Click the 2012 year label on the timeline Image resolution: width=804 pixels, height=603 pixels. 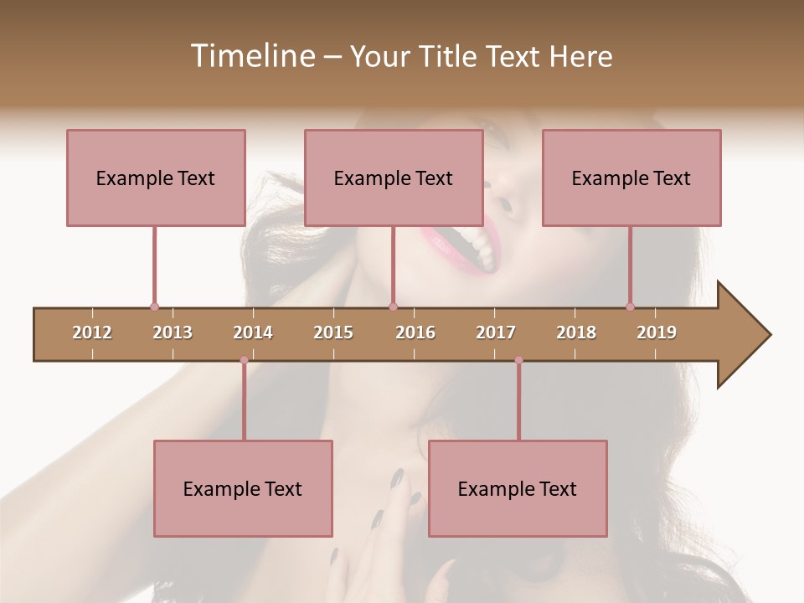pyautogui.click(x=92, y=332)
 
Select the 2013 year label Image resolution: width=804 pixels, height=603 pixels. pyautogui.click(x=173, y=332)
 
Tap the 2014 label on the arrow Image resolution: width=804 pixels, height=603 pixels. pyautogui.click(x=253, y=332)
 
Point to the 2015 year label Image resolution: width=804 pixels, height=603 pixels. pyautogui.click(x=333, y=332)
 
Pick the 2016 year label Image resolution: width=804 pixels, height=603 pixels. pyautogui.click(x=415, y=332)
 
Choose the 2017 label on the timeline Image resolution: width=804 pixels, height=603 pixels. pyautogui.click(x=496, y=332)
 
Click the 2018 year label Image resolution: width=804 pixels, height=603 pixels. pyautogui.click(x=576, y=332)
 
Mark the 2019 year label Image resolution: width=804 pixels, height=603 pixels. pyautogui.click(x=657, y=332)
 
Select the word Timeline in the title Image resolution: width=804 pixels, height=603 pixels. pyautogui.click(x=251, y=56)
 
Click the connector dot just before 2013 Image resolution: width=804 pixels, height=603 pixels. pyautogui.click(x=154, y=307)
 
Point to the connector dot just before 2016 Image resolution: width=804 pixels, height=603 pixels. pyautogui.click(x=393, y=307)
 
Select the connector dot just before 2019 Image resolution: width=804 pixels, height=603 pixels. pyautogui.click(x=630, y=307)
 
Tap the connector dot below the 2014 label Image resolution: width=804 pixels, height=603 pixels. pyautogui.click(x=244, y=360)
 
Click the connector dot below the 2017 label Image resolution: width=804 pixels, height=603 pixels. pyautogui.click(x=518, y=360)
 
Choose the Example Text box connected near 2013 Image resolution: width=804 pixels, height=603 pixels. pyautogui.click(x=156, y=178)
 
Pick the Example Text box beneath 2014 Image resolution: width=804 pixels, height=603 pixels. pyautogui.click(x=243, y=488)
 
